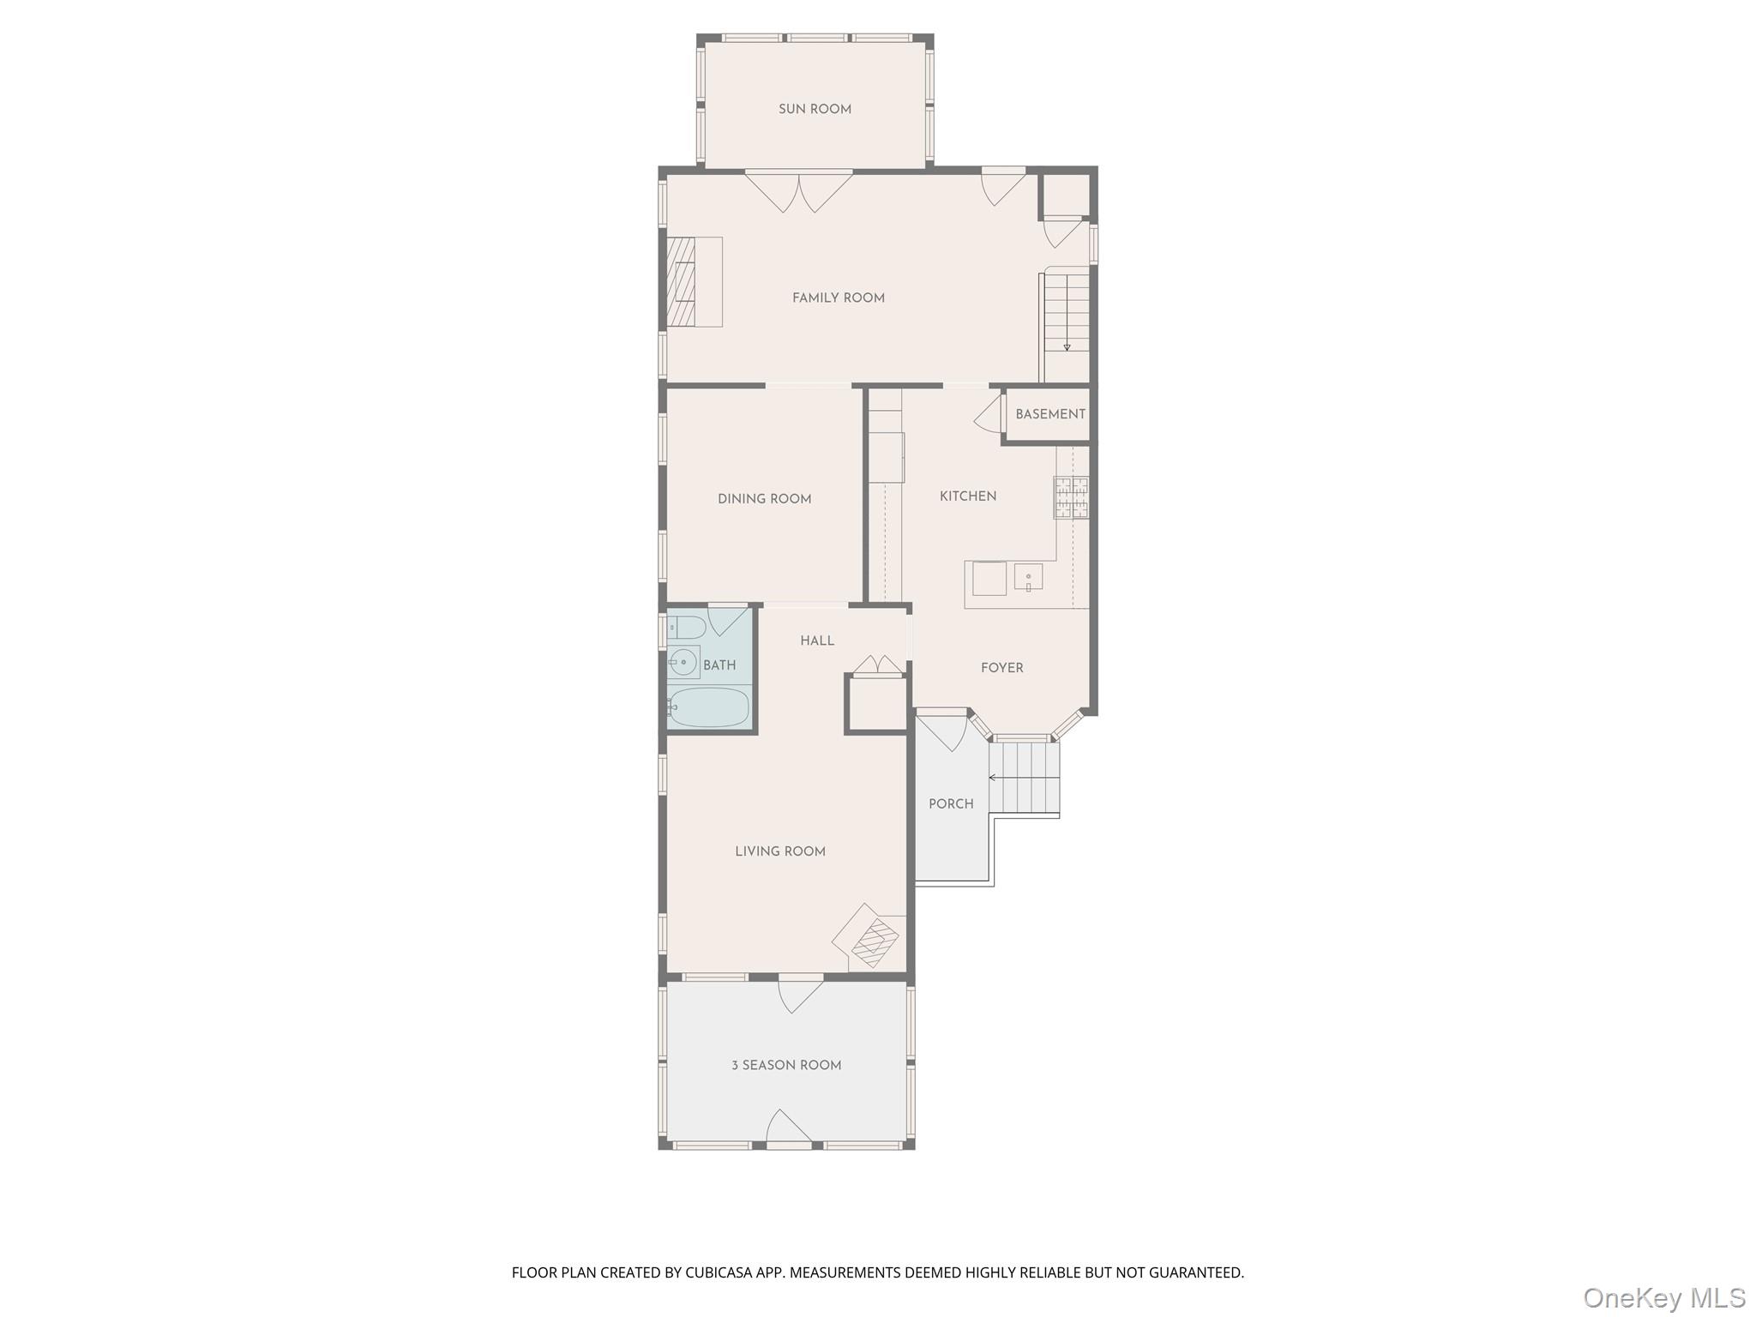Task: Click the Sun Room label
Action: pyautogui.click(x=815, y=109)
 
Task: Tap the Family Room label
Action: pyautogui.click(x=839, y=298)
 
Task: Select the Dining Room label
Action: pyautogui.click(x=765, y=499)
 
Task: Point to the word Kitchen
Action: pyautogui.click(x=968, y=496)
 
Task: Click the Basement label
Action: pyautogui.click(x=1050, y=414)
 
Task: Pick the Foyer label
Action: pyautogui.click(x=1002, y=668)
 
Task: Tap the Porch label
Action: pyautogui.click(x=951, y=804)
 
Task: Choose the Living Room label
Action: pyautogui.click(x=780, y=851)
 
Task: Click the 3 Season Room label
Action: pyautogui.click(x=786, y=1066)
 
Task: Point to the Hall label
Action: pyautogui.click(x=817, y=641)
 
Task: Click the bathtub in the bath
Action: pyautogui.click(x=708, y=707)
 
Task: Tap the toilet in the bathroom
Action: pyautogui.click(x=685, y=628)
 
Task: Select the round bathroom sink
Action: pyautogui.click(x=683, y=663)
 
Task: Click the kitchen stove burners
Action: pyautogui.click(x=1072, y=498)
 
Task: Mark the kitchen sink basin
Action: pyautogui.click(x=1028, y=578)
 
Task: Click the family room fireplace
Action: pyautogui.click(x=694, y=282)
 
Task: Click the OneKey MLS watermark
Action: pyautogui.click(x=1664, y=1297)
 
